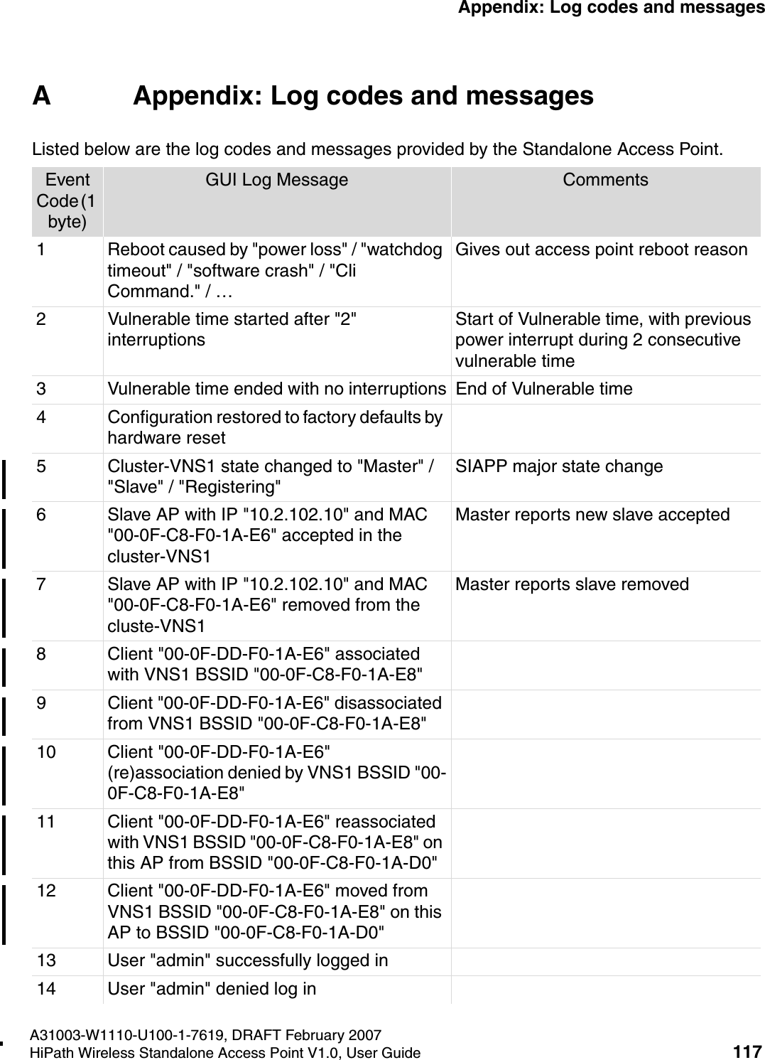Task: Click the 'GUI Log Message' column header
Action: (x=276, y=181)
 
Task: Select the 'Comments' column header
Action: (x=605, y=181)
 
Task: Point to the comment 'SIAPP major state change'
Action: (x=559, y=467)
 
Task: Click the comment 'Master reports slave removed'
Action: (x=572, y=584)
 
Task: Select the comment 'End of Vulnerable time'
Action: (x=543, y=390)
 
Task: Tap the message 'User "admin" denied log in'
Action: (x=212, y=989)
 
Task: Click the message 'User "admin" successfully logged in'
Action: (x=247, y=961)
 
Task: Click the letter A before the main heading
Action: (x=41, y=96)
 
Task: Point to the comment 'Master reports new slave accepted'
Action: (x=592, y=515)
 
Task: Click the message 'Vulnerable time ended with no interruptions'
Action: (x=276, y=390)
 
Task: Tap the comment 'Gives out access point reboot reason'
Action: (x=601, y=250)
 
